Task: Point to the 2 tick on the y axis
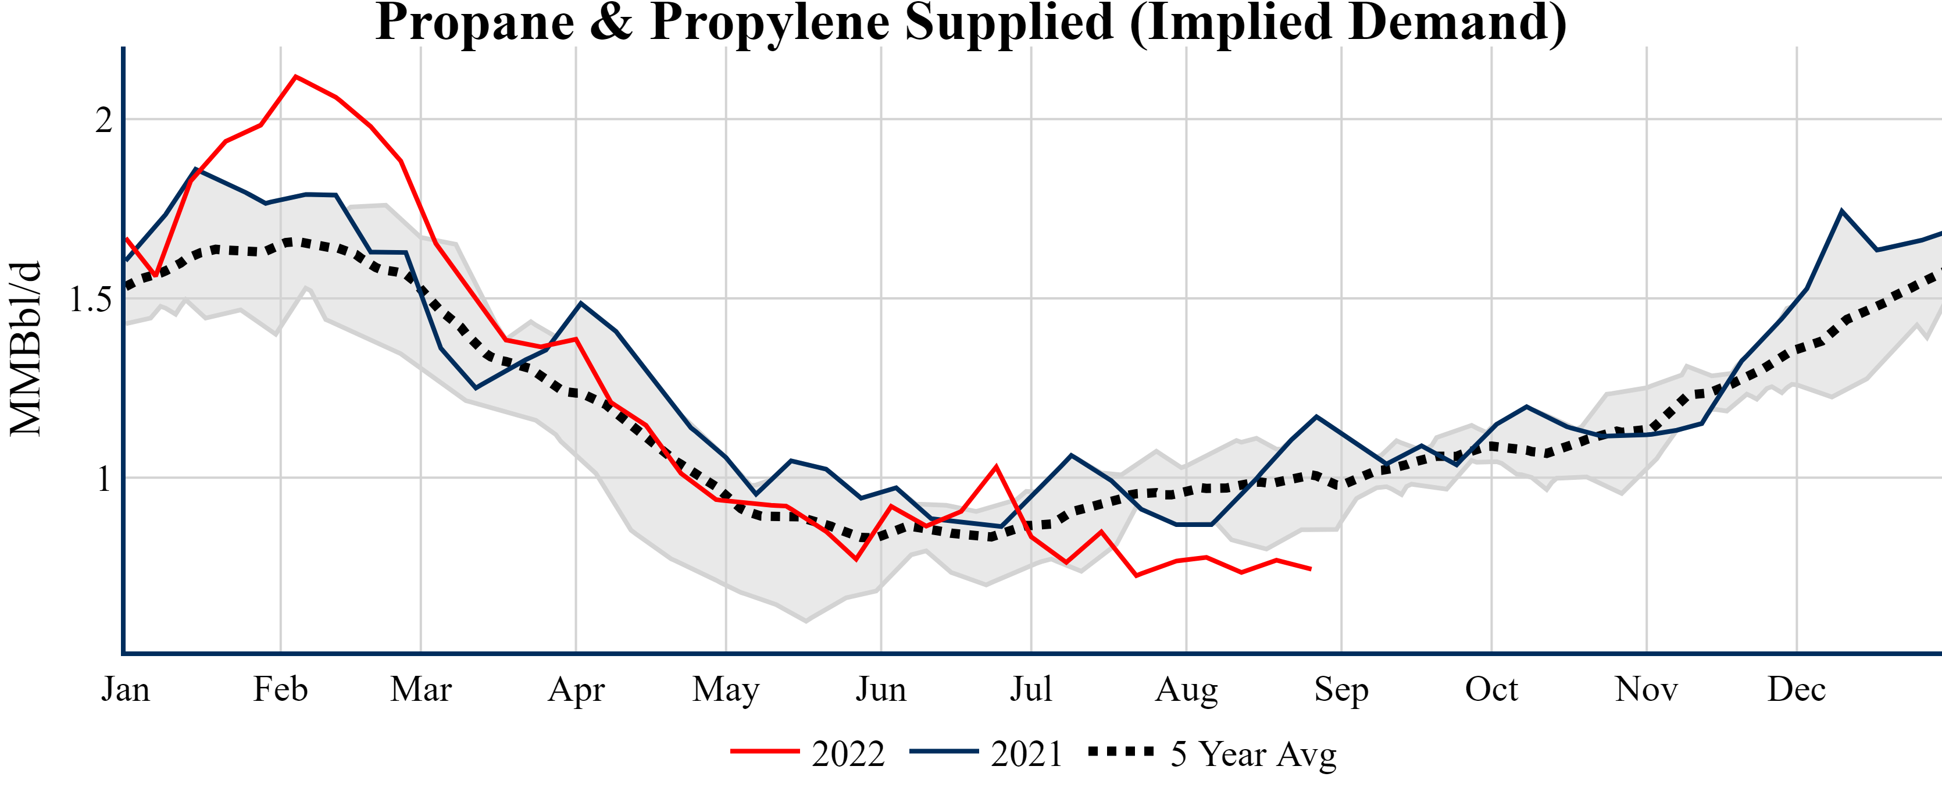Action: click(x=103, y=120)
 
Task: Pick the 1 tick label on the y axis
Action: click(x=103, y=479)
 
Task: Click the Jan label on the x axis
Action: click(x=125, y=689)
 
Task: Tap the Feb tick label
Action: click(x=280, y=689)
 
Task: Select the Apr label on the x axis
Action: click(x=576, y=689)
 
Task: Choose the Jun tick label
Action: click(x=880, y=689)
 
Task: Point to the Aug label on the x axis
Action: click(x=1187, y=689)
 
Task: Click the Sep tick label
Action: click(x=1341, y=689)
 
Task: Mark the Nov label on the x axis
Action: click(x=1647, y=689)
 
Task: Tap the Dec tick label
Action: click(x=1797, y=689)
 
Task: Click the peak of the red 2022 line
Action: click(x=295, y=76)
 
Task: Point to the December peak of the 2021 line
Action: click(x=1842, y=211)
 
